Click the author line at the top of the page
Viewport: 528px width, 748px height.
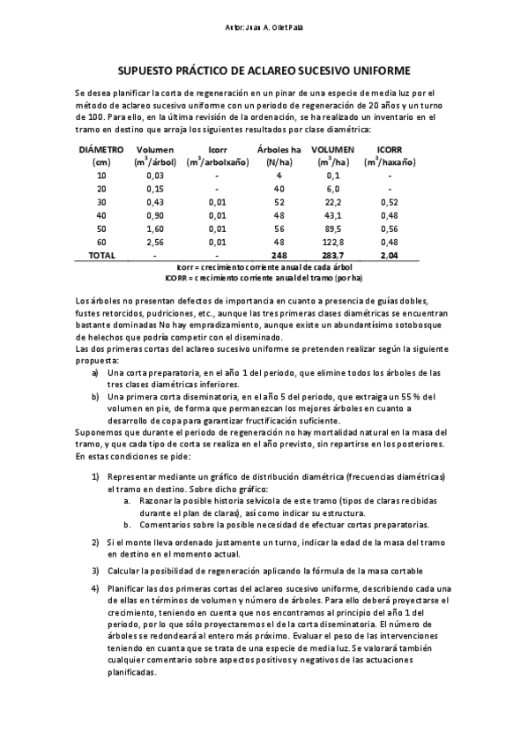click(264, 28)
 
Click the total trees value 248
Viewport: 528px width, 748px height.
click(279, 255)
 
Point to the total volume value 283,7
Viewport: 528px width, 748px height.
click(334, 255)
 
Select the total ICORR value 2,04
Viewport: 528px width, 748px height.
click(390, 255)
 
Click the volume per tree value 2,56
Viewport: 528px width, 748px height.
click(155, 243)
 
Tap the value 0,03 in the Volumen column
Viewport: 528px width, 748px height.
click(155, 176)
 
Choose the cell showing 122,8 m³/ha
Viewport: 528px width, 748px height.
click(334, 243)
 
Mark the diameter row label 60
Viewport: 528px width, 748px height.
click(101, 243)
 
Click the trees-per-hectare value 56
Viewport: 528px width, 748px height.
click(279, 229)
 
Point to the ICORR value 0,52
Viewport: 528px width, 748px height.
click(390, 203)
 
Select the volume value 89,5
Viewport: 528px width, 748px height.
click(334, 229)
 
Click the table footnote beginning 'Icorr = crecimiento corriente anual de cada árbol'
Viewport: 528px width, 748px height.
click(264, 266)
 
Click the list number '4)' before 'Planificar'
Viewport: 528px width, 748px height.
click(95, 588)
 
